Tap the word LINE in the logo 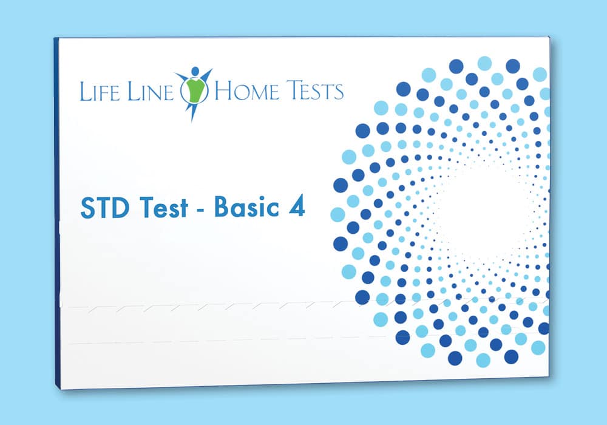pos(151,91)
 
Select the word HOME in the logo pos(246,90)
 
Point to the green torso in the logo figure pos(195,89)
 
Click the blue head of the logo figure pos(195,71)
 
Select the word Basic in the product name pos(246,207)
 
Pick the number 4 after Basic pos(297,208)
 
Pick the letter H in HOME pos(223,90)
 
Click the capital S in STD pos(87,208)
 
